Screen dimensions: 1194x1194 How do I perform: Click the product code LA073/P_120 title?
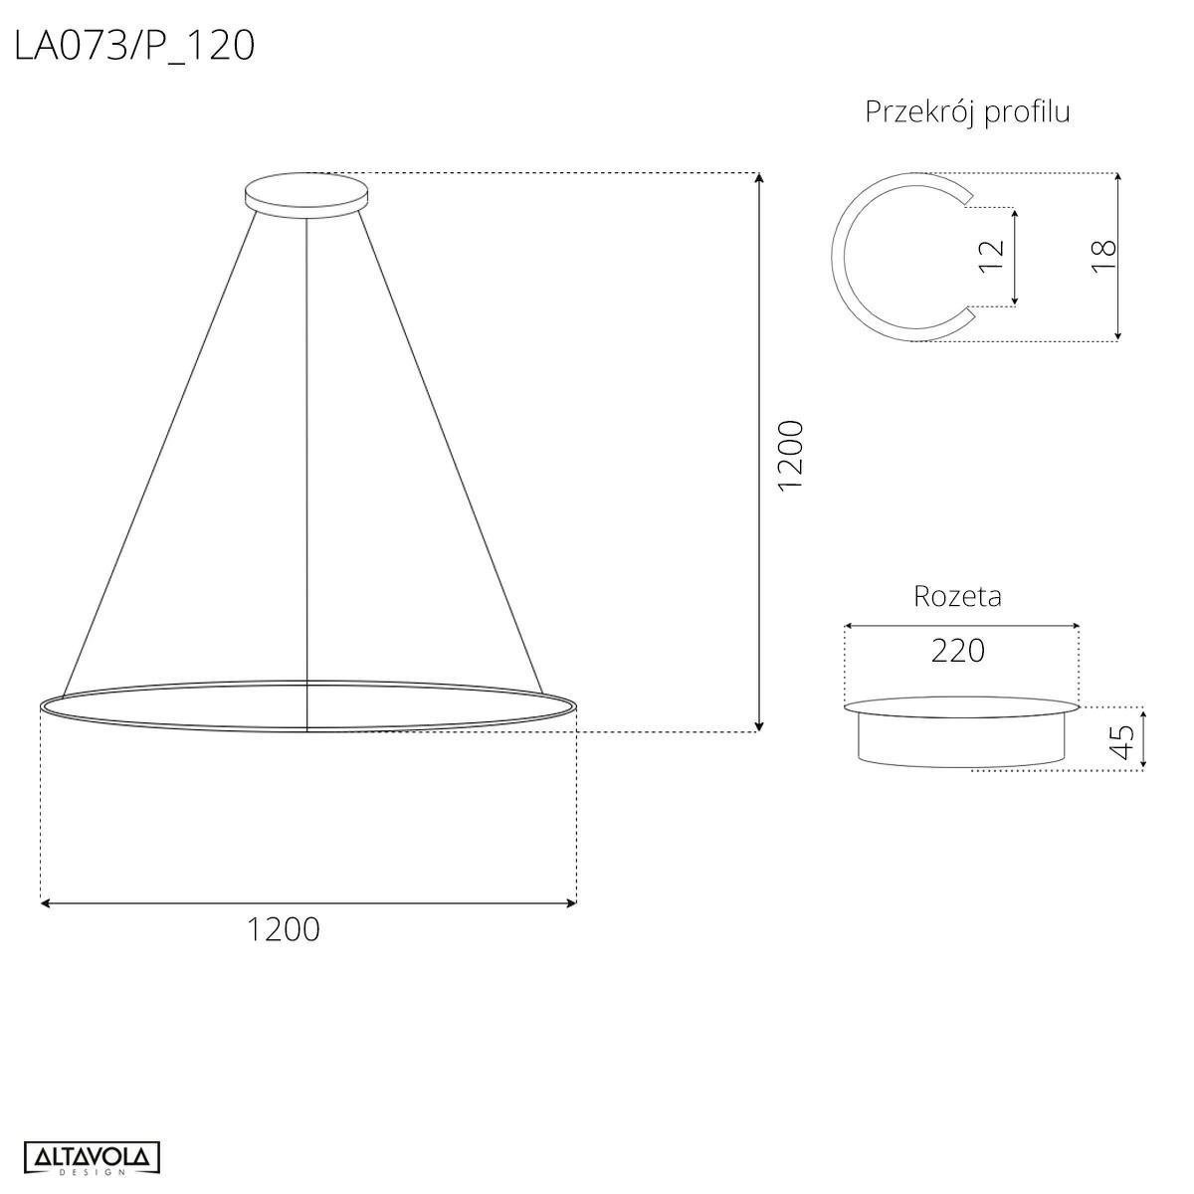coord(134,45)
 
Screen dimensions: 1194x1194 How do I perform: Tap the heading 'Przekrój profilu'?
coord(967,112)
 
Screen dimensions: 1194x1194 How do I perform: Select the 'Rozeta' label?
coord(957,596)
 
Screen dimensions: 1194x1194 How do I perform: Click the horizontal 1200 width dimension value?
coord(284,929)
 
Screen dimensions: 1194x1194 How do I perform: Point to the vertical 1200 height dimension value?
coord(790,455)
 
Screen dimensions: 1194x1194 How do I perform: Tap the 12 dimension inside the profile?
coord(992,256)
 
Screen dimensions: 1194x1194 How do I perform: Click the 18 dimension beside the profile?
coord(1103,257)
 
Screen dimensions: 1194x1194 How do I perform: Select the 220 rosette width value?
coord(958,651)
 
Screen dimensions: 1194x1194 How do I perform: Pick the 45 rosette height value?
coord(1122,741)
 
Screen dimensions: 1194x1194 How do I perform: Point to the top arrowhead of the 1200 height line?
coord(759,179)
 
